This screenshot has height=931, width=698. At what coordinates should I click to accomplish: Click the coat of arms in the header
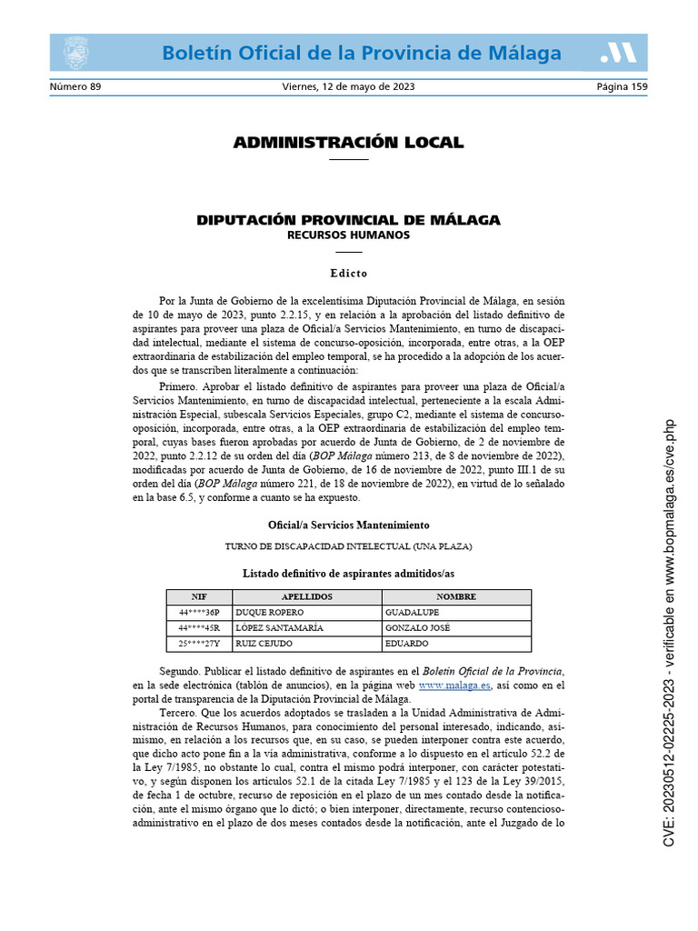(x=75, y=54)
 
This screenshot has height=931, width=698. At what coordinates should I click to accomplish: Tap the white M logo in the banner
(x=619, y=54)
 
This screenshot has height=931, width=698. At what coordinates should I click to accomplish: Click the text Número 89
(x=75, y=87)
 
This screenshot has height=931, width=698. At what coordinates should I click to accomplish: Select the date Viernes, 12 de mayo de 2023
(x=348, y=87)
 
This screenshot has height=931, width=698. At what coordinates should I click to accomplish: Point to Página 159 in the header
(x=622, y=87)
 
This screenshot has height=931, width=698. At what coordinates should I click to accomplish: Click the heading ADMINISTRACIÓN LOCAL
(x=348, y=143)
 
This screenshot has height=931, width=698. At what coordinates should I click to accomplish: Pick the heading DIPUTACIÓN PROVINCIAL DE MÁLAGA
(x=348, y=221)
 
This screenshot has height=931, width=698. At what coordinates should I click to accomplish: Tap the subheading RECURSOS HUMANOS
(x=348, y=235)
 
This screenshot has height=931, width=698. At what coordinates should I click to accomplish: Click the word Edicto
(x=348, y=273)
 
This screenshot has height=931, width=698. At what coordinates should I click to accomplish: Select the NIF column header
(x=199, y=596)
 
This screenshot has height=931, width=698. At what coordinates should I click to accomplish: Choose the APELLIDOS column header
(x=307, y=596)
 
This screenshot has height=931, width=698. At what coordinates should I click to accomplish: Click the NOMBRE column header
(x=456, y=596)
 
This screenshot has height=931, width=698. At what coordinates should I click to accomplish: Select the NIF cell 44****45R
(x=199, y=627)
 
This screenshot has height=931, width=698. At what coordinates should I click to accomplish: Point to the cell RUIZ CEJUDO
(x=263, y=643)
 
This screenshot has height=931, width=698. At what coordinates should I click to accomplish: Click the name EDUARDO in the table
(x=408, y=643)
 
